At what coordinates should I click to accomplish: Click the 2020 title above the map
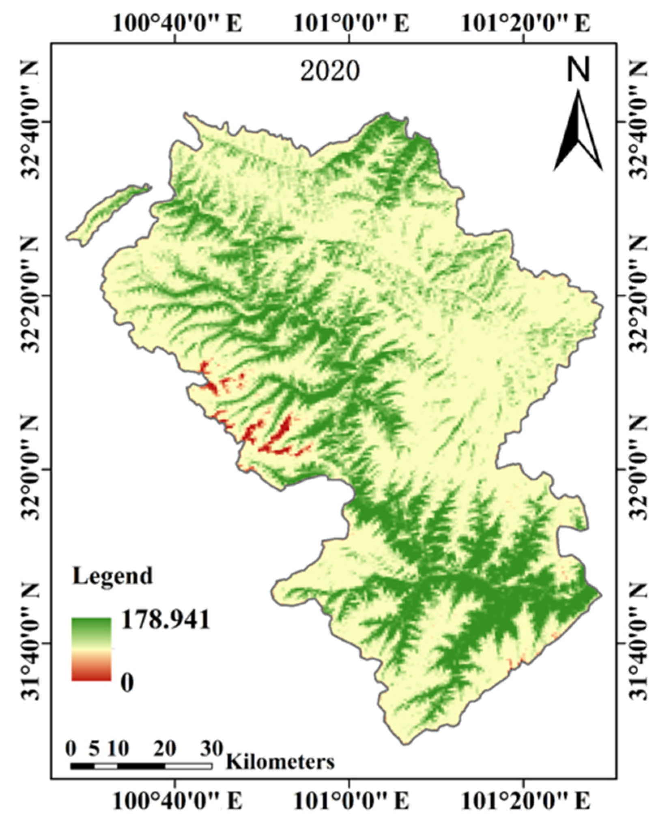pos(329,71)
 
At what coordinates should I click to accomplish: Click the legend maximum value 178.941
pos(166,619)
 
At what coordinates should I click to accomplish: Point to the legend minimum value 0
pos(127,683)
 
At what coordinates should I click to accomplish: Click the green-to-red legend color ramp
pos(91,649)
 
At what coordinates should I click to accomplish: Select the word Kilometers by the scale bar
pos(280,762)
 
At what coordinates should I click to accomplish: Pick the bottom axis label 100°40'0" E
pos(177,801)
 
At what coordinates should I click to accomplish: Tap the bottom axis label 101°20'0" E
pos(526,801)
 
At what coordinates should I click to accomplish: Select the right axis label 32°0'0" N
pos(639,470)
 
